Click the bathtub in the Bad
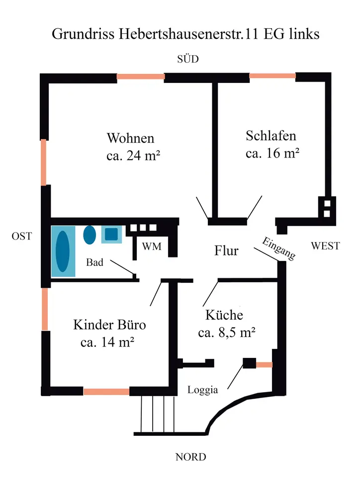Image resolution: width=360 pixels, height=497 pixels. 63,251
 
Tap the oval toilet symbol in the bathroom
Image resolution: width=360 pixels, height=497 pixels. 90,235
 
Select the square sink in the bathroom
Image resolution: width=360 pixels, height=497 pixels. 111,234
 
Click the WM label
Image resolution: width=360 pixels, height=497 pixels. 152,247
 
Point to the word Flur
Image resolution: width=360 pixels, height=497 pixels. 226,250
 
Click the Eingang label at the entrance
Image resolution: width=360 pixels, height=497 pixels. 279,248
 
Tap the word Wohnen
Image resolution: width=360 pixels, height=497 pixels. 130,138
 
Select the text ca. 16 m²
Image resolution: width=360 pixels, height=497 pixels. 272,153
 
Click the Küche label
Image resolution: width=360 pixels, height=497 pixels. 224,315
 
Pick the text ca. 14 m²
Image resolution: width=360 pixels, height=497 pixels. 108,342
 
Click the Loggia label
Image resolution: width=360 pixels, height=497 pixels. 202,390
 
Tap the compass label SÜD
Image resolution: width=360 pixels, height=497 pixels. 187,60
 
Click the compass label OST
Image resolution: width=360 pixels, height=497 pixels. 21,237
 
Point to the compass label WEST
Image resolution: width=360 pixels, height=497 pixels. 325,246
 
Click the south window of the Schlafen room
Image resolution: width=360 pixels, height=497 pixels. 272,76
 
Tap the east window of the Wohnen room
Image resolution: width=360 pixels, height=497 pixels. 44,162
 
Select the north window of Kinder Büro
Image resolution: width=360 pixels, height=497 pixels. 106,392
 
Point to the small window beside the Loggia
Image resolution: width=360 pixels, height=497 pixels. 264,365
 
